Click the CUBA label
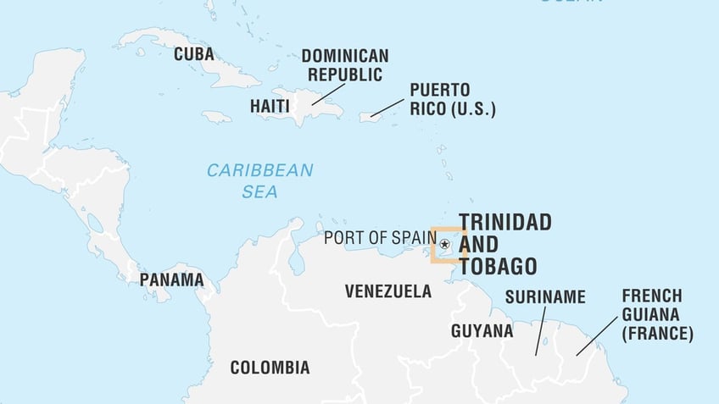pyautogui.click(x=193, y=54)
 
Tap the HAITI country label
pyautogui.click(x=270, y=107)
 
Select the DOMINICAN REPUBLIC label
pyautogui.click(x=345, y=65)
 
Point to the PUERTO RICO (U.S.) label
pyautogui.click(x=452, y=99)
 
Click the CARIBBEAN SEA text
pyautogui.click(x=259, y=180)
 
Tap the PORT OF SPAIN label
pyautogui.click(x=380, y=238)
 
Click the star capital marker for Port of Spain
pyautogui.click(x=445, y=244)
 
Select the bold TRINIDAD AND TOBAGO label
pyautogui.click(x=504, y=245)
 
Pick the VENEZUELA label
pyautogui.click(x=387, y=291)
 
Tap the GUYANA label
pyautogui.click(x=482, y=330)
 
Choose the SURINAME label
pyautogui.click(x=545, y=296)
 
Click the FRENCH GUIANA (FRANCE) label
pyautogui.click(x=657, y=315)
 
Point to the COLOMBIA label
pyautogui.click(x=270, y=368)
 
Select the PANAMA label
pyautogui.click(x=171, y=279)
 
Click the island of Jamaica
pyautogui.click(x=216, y=117)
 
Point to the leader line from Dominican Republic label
pyautogui.click(x=326, y=94)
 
